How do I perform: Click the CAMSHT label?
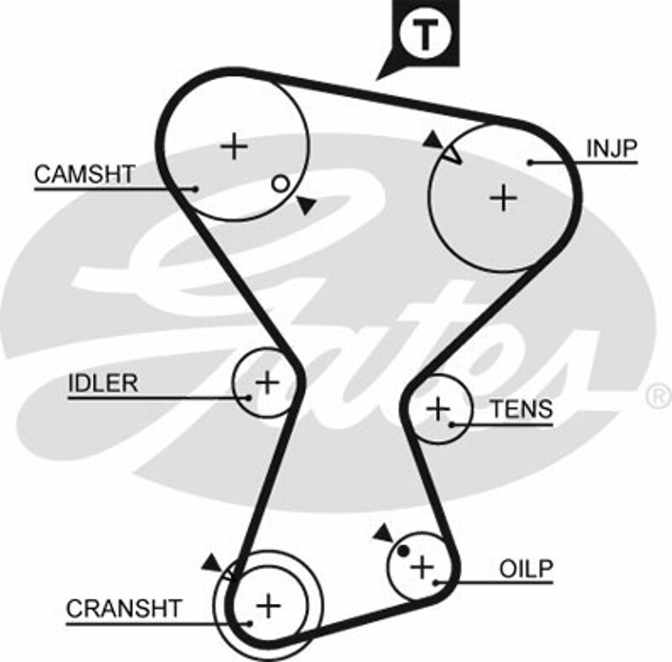tap(84, 174)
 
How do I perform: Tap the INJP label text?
tap(612, 150)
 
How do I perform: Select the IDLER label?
tap(102, 383)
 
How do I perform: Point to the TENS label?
tap(522, 409)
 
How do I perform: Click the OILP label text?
tap(527, 569)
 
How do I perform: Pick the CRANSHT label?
tap(123, 608)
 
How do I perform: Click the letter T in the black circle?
tap(425, 34)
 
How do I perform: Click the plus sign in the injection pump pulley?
tap(503, 197)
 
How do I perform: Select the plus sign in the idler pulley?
tap(267, 383)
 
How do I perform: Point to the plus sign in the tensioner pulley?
tap(438, 409)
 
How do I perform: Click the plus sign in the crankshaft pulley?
tap(268, 604)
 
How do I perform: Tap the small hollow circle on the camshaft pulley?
tap(281, 183)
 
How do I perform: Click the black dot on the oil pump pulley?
tap(403, 551)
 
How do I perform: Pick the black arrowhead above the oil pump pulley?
tap(384, 533)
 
